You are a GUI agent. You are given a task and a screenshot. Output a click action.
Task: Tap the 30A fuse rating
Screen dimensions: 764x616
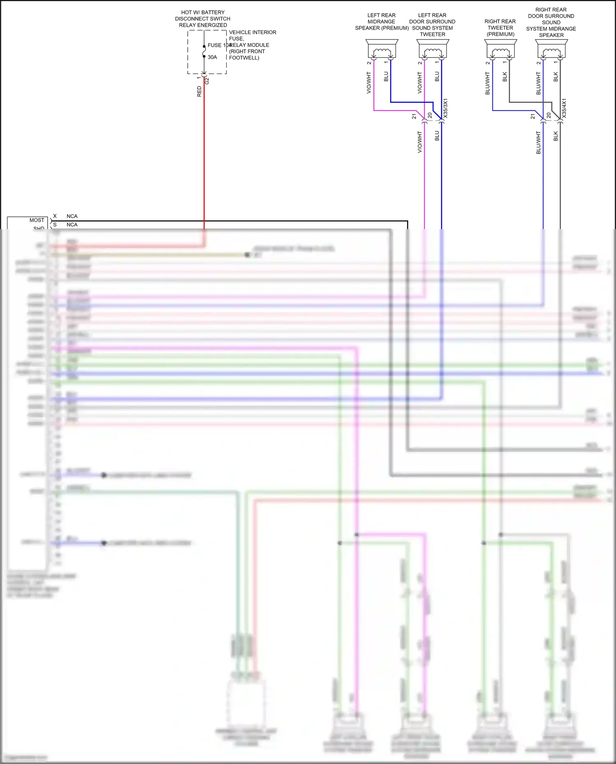[212, 57]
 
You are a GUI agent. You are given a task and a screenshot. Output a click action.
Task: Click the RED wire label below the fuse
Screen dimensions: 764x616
[199, 91]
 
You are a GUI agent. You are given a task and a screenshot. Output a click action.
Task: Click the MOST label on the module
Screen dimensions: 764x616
[37, 220]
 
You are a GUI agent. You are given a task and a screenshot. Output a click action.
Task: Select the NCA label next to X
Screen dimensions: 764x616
[72, 216]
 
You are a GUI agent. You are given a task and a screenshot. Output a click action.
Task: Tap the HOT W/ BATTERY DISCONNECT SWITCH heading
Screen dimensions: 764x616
[203, 18]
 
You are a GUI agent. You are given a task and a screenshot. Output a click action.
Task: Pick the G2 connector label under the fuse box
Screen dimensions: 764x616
[207, 81]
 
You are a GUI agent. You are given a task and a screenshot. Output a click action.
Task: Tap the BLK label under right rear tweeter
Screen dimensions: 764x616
[505, 77]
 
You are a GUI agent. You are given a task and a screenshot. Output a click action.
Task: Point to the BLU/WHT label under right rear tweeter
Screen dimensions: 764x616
[487, 83]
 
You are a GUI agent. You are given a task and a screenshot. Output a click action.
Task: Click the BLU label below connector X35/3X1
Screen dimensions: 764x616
[437, 136]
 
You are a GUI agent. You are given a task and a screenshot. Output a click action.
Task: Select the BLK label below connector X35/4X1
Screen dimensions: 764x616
[556, 136]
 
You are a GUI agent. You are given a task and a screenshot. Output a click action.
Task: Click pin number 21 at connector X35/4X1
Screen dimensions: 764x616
[533, 117]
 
